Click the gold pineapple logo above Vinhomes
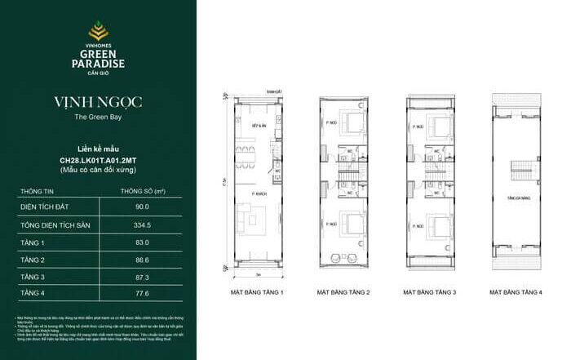click(97, 32)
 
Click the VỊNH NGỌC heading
click(97, 103)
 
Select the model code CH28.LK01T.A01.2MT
click(97, 161)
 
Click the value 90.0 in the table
click(144, 208)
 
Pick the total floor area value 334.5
click(144, 225)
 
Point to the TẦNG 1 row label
click(32, 242)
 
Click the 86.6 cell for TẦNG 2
click(144, 259)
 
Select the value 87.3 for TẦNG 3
click(144, 276)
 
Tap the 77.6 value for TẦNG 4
click(144, 293)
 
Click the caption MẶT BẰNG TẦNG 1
click(255, 291)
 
